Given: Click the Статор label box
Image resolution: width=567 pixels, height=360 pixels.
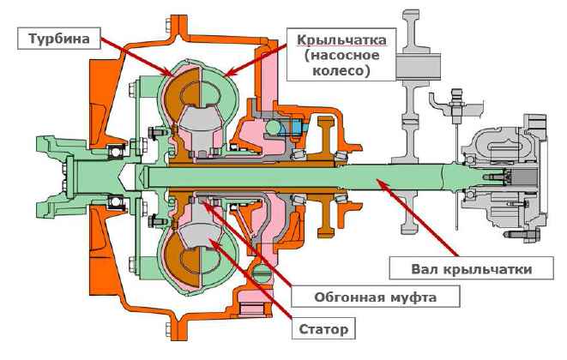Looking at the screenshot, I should coord(325,329).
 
